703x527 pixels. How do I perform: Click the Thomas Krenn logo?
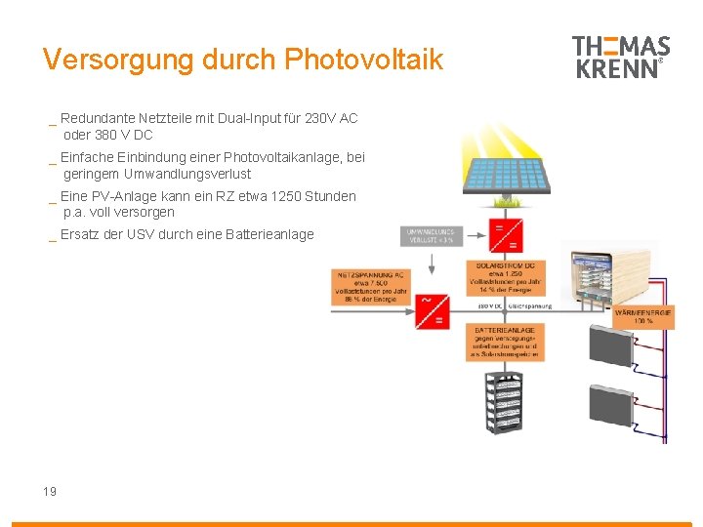click(620, 58)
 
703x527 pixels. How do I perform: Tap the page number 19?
click(50, 491)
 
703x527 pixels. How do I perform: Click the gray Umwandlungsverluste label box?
click(429, 236)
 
